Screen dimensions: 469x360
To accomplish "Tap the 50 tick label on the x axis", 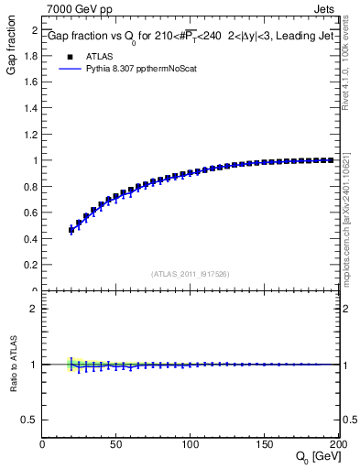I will (x=116, y=444).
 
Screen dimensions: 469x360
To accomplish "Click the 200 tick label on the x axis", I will (x=337, y=444).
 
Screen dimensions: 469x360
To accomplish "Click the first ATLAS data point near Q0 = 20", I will (x=71, y=229).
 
